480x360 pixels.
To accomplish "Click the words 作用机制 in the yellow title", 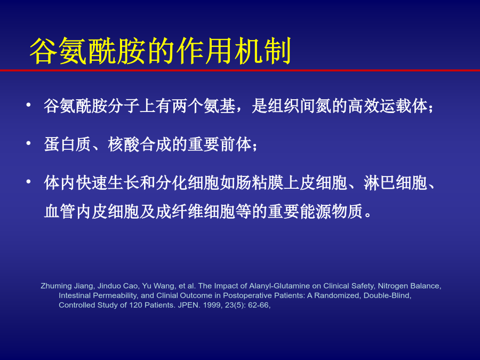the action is pos(233,51).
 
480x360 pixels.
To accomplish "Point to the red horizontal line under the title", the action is pos(240,70).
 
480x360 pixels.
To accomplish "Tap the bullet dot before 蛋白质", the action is pos(28,143).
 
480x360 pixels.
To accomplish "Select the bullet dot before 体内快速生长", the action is pos(28,181).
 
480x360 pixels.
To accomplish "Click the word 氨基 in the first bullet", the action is pos(219,106).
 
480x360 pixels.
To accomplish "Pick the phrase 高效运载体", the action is pos(388,106).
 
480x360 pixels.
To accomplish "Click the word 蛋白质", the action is pos(68,145).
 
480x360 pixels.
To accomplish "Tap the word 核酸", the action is pos(123,145).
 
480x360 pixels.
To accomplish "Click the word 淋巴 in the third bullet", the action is pos(379,183).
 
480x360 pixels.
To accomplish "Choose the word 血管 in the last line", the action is pos(60,212).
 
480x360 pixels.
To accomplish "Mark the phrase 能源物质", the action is pos(331,212).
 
